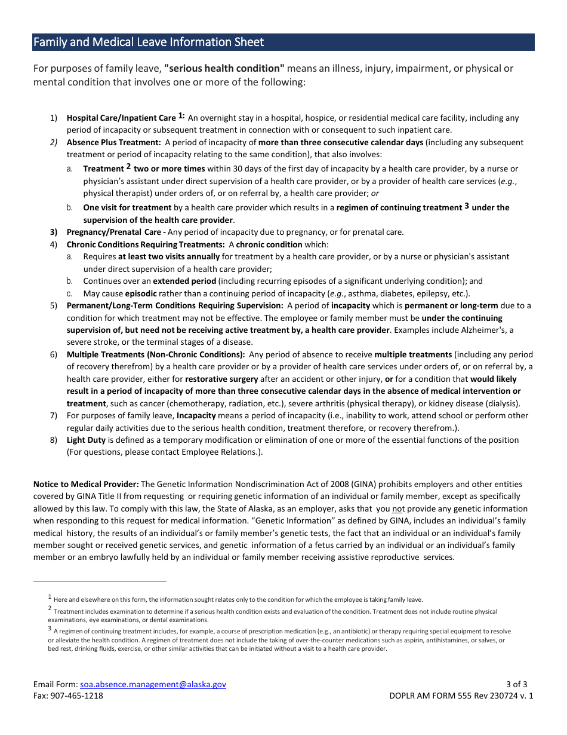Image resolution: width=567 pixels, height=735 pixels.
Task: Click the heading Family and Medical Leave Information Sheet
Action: click(x=149, y=42)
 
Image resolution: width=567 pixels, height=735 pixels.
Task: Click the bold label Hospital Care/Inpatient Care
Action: click(x=121, y=118)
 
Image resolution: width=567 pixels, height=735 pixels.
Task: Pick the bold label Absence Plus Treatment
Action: click(x=113, y=142)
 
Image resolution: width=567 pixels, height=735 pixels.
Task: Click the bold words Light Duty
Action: click(x=86, y=440)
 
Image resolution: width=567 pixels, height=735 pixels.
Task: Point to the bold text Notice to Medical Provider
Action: click(x=86, y=484)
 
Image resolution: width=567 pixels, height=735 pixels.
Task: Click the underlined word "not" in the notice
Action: click(x=397, y=509)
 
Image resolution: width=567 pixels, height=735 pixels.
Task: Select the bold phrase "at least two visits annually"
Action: click(x=169, y=256)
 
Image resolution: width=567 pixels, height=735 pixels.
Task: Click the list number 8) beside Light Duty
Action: click(x=54, y=440)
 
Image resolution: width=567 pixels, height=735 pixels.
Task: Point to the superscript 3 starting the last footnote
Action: click(x=50, y=629)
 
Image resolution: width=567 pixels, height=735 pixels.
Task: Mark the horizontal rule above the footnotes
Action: click(x=100, y=580)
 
